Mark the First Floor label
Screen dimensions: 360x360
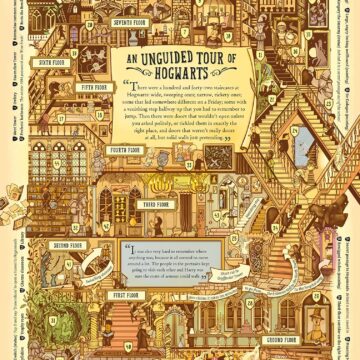pyautogui.click(x=125, y=296)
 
